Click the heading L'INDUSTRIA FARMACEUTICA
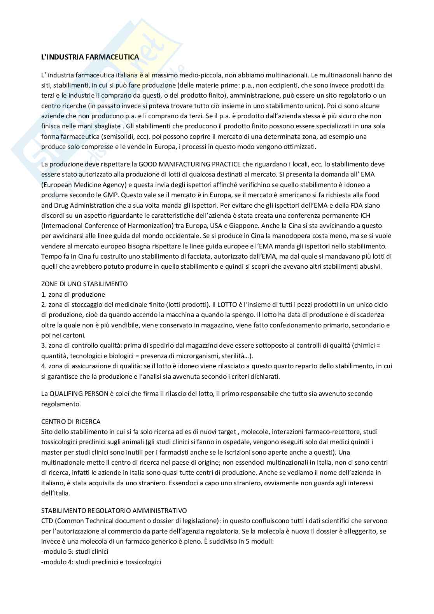(90, 57)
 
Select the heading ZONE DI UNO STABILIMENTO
(84, 284)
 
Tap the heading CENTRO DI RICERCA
(71, 422)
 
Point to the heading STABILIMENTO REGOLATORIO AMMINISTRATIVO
(114, 510)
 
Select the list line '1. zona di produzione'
(73, 294)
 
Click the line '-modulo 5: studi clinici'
(75, 551)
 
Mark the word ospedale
(209, 442)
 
